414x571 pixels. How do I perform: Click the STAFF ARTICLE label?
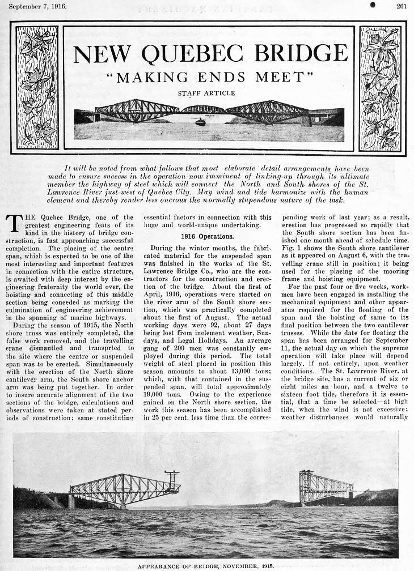coord(206,93)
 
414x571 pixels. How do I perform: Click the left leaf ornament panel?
coord(37,88)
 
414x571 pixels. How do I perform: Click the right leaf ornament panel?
coord(380,88)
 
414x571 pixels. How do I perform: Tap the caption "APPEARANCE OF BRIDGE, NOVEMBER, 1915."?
coord(207,565)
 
